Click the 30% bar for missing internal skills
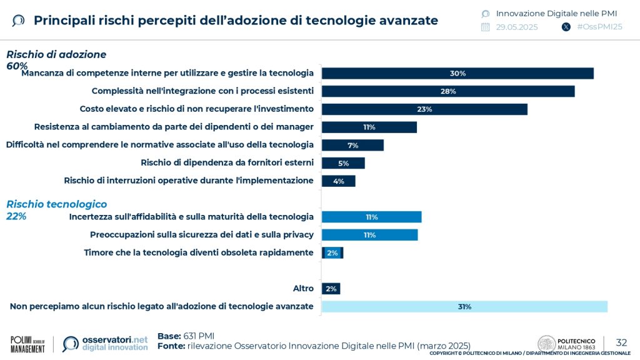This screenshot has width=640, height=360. pyautogui.click(x=457, y=73)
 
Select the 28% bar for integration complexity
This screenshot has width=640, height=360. pyautogui.click(x=448, y=91)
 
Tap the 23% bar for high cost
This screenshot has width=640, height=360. pyautogui.click(x=424, y=109)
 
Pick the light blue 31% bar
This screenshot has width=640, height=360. pyautogui.click(x=464, y=307)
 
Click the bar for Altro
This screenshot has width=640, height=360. pyautogui.click(x=331, y=289)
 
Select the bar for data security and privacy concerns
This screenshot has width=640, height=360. pyautogui.click(x=369, y=235)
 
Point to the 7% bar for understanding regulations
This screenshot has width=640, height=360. pyautogui.click(x=352, y=146)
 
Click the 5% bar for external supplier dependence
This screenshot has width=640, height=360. pyautogui.click(x=343, y=163)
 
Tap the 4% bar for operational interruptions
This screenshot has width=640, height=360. pyautogui.click(x=338, y=181)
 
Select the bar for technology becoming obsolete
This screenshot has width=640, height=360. pyautogui.click(x=332, y=253)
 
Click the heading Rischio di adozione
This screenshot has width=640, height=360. pyautogui.click(x=56, y=54)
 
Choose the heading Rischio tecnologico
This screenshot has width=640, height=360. pyautogui.click(x=56, y=204)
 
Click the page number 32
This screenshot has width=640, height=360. pyautogui.click(x=621, y=342)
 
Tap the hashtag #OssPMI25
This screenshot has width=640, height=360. pyautogui.click(x=599, y=27)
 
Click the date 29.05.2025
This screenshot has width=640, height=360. pyautogui.click(x=517, y=27)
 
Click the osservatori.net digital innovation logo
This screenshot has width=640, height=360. pyautogui.click(x=106, y=344)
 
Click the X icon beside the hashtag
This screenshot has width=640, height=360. pyautogui.click(x=566, y=27)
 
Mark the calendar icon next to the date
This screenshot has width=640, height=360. pyautogui.click(x=486, y=27)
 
